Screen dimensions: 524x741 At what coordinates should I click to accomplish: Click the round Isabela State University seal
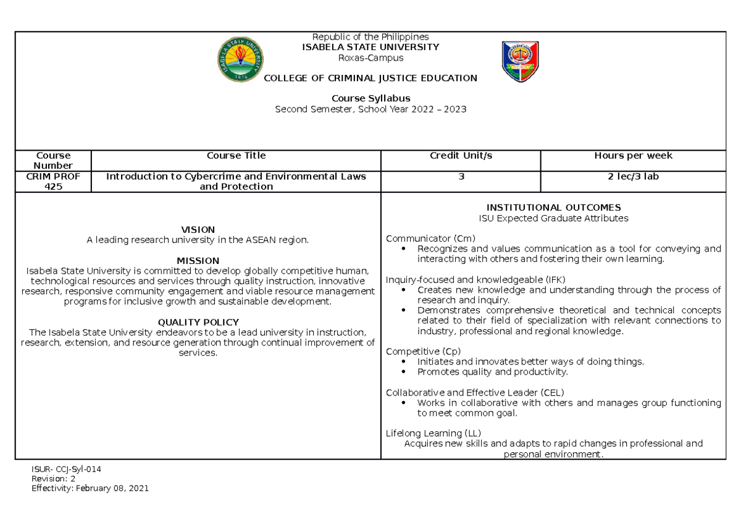click(x=242, y=60)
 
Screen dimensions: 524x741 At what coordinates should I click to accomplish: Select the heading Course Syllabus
click(x=371, y=98)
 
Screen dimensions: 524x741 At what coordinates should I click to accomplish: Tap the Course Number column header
click(x=52, y=160)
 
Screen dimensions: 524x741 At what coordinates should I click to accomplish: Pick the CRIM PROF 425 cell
click(x=52, y=181)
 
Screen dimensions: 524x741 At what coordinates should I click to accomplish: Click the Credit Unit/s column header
click(x=461, y=156)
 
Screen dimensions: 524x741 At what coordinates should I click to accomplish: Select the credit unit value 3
click(x=461, y=177)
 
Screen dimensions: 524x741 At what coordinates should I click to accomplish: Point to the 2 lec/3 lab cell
click(x=633, y=177)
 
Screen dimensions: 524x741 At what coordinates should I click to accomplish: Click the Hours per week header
click(x=633, y=156)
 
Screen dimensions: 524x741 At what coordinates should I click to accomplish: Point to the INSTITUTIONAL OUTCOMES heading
click(x=553, y=208)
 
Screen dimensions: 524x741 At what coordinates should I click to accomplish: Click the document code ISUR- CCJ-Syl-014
click(x=66, y=469)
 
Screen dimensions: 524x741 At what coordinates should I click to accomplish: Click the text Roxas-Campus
click(x=371, y=57)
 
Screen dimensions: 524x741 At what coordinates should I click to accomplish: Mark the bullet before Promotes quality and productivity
click(x=403, y=372)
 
